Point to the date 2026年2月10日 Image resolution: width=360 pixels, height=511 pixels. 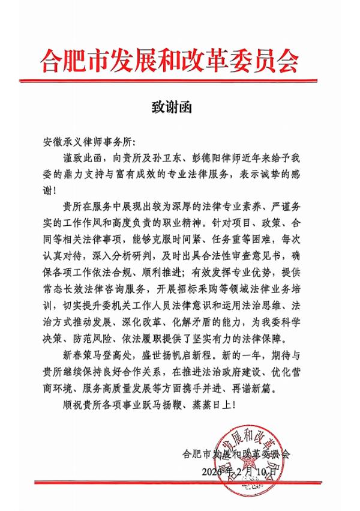point(239,470)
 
